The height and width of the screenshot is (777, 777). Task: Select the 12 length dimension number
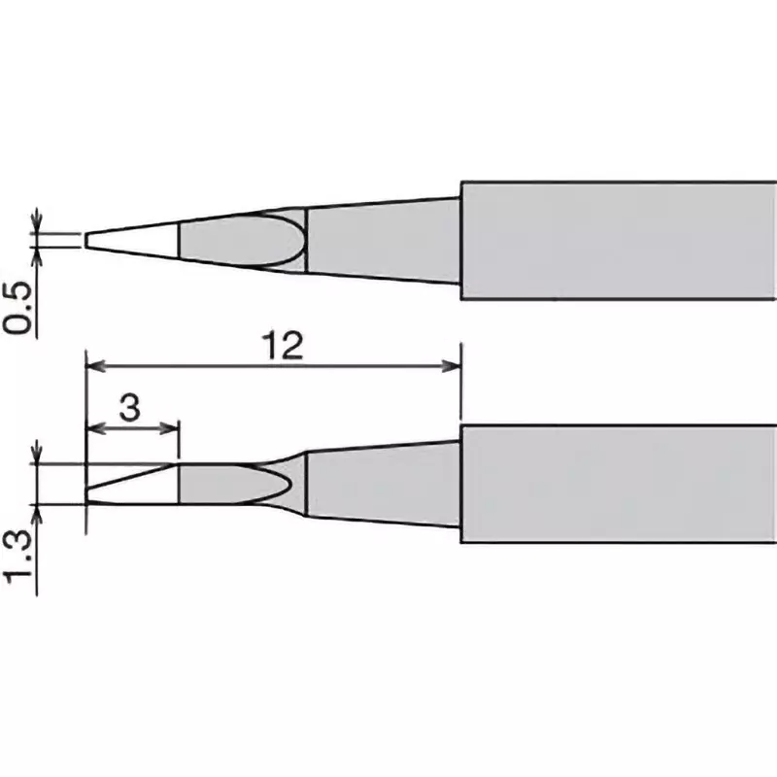coord(283,346)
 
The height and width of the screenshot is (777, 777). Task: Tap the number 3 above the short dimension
coord(131,408)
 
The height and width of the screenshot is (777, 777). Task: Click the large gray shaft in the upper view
coord(617,240)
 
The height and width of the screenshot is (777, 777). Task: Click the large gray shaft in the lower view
coord(617,483)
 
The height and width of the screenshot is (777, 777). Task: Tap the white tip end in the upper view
coord(131,239)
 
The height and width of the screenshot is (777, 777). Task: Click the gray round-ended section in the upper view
coord(238,239)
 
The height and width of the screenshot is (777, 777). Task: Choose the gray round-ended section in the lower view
coord(233,483)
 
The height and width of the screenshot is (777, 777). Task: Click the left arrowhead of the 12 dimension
coord(94,366)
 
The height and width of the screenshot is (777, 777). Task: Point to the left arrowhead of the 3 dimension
coord(94,428)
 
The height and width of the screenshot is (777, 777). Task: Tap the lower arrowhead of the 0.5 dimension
coord(38,254)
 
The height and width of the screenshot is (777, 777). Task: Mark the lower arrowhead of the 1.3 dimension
coord(38,511)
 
